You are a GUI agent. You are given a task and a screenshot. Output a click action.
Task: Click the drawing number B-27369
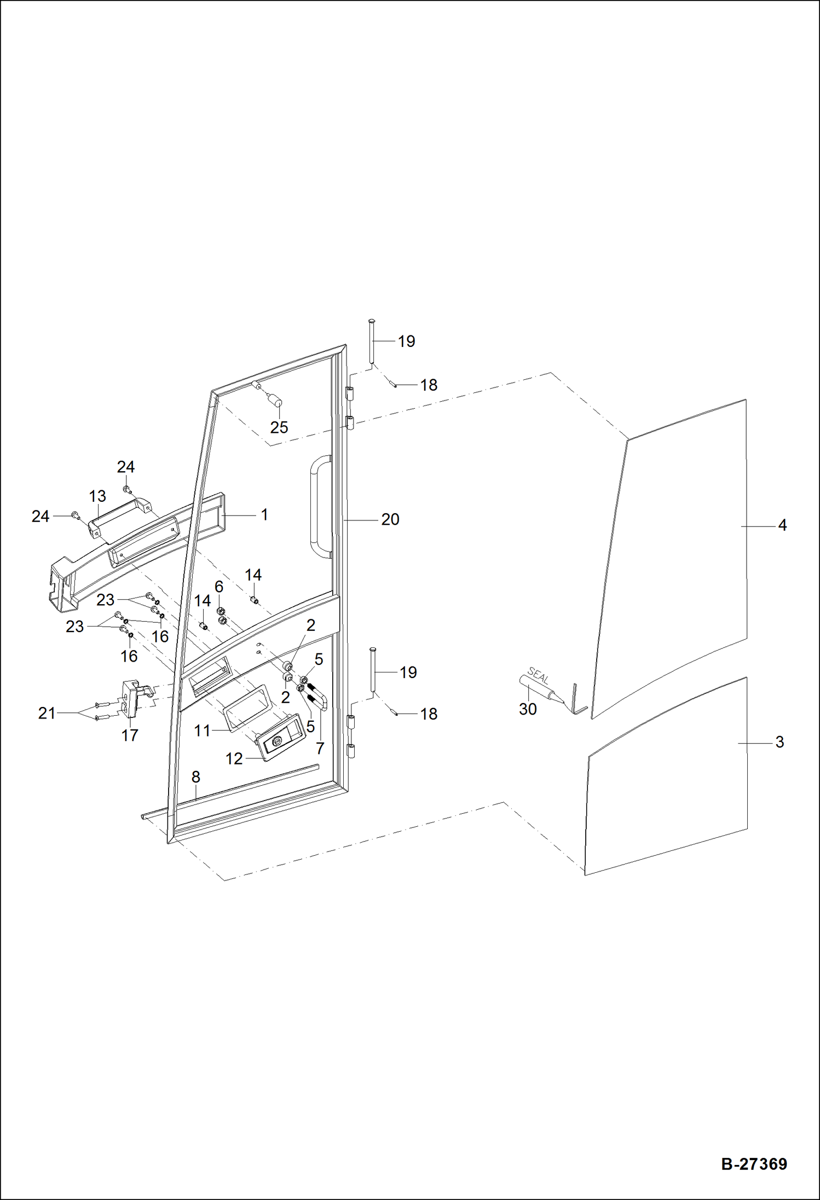(754, 1163)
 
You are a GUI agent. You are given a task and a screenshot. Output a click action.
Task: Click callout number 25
(279, 427)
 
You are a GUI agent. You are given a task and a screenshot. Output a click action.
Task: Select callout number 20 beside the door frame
(390, 519)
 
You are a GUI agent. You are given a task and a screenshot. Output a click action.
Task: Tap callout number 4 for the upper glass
(782, 525)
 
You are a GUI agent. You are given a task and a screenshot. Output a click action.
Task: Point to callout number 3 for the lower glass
(779, 742)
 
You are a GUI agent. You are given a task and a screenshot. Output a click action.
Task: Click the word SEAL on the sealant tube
(538, 676)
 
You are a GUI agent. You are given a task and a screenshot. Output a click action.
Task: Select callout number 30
(528, 709)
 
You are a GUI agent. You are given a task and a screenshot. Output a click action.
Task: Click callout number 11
(202, 731)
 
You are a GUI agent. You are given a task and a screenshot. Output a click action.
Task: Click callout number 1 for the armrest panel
(264, 515)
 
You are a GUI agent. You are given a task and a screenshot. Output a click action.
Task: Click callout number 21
(47, 713)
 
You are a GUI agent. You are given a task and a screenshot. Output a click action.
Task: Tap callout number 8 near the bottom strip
(195, 777)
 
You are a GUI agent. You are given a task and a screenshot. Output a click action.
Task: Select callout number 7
(320, 748)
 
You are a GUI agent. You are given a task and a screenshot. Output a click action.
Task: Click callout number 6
(219, 587)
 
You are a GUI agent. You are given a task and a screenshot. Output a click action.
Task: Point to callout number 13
(97, 496)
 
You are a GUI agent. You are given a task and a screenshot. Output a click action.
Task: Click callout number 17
(130, 735)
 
